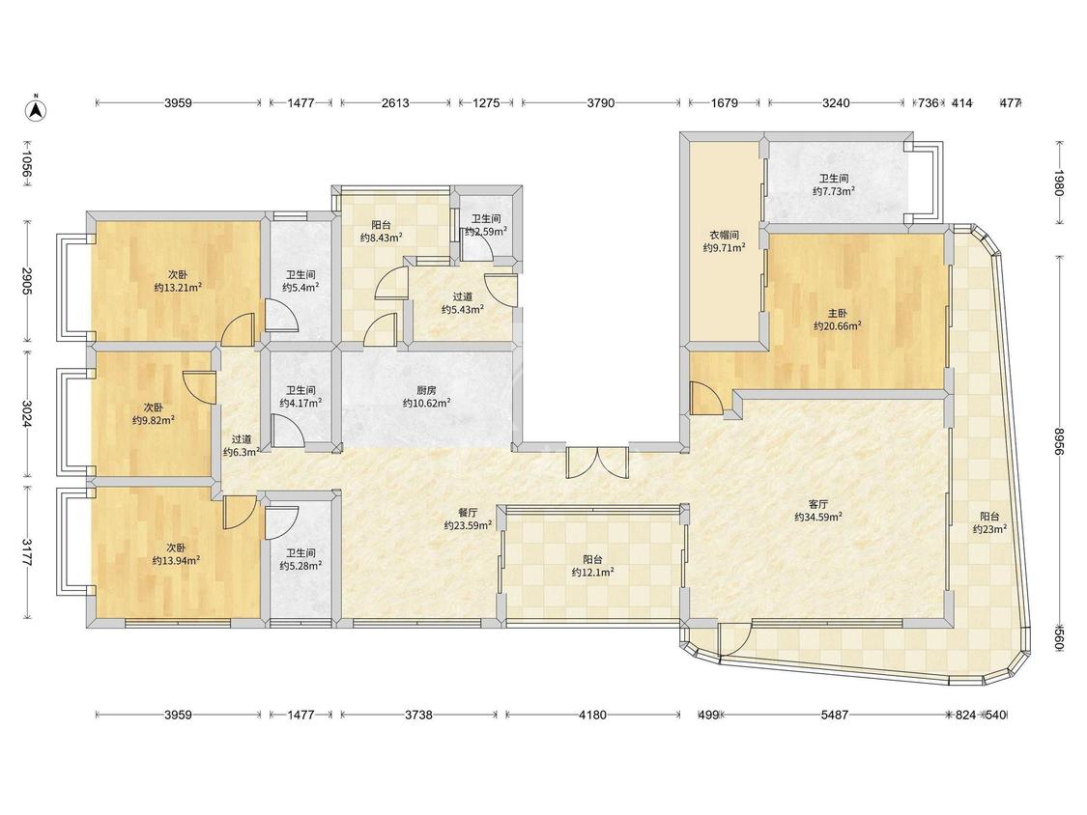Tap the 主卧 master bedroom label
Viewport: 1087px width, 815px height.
pyautogui.click(x=838, y=313)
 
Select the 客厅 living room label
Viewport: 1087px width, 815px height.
pyautogui.click(x=818, y=504)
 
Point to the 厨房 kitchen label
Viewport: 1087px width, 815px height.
pyautogui.click(x=427, y=390)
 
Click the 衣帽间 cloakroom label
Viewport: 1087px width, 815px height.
pyautogui.click(x=724, y=235)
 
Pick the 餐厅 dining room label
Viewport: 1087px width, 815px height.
pyautogui.click(x=468, y=513)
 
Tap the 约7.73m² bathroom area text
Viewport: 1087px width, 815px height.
pyautogui.click(x=833, y=190)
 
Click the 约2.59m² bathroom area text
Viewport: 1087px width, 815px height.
pyautogui.click(x=485, y=231)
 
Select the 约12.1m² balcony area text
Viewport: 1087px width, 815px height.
pyautogui.click(x=592, y=573)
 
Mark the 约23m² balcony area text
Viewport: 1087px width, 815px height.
pyautogui.click(x=989, y=529)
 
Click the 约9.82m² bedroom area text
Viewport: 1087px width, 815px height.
pyautogui.click(x=154, y=420)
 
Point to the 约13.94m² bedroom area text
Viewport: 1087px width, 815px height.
pyautogui.click(x=176, y=560)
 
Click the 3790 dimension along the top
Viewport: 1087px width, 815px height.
pyautogui.click(x=600, y=102)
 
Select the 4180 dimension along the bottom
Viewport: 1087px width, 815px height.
pyautogui.click(x=592, y=714)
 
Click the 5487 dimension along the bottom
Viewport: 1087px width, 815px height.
pyautogui.click(x=834, y=714)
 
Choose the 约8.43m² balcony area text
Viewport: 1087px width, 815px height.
pyautogui.click(x=382, y=238)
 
